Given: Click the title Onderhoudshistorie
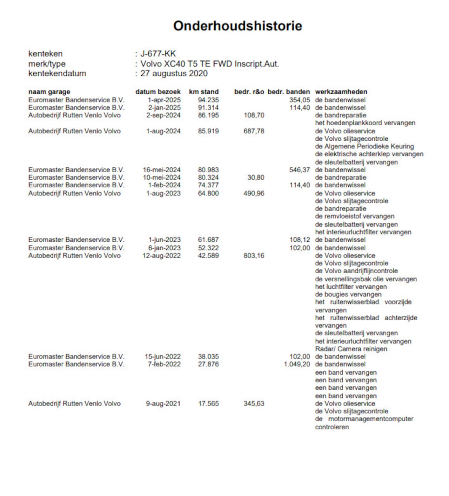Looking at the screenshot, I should [237, 26].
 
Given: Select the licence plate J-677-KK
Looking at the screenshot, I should [158, 54].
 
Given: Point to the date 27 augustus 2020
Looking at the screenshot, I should [174, 73].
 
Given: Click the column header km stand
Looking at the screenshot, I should [203, 92].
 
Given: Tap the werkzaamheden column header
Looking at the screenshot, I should [341, 92].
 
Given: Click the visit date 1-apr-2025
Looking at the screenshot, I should [164, 100].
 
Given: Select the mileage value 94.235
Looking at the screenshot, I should [208, 100].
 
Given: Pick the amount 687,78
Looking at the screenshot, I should [254, 131].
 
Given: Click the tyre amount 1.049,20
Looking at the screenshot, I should [297, 364].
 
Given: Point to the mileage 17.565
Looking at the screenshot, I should [208, 404].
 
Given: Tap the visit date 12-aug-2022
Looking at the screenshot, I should [161, 256].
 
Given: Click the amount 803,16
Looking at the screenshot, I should [254, 256].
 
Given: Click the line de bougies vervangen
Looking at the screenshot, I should [348, 295].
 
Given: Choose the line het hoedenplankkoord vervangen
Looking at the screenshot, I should [365, 123].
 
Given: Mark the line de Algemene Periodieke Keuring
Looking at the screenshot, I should [364, 146].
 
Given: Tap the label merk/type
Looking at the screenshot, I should [47, 64].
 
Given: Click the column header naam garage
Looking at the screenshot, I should [49, 92].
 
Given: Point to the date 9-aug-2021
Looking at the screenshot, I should [163, 404].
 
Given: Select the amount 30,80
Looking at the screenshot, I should [256, 177].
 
